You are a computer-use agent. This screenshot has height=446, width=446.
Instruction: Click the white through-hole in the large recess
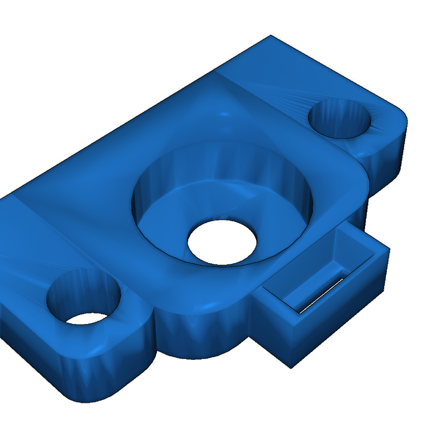pyautogui.click(x=222, y=242)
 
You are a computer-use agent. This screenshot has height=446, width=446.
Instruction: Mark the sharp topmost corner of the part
pyautogui.click(x=270, y=35)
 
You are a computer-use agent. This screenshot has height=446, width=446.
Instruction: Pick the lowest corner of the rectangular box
pyautogui.click(x=291, y=367)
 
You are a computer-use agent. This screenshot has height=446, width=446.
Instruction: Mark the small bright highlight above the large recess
pyautogui.click(x=225, y=114)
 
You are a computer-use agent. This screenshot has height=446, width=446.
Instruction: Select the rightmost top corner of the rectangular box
pyautogui.click(x=389, y=248)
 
